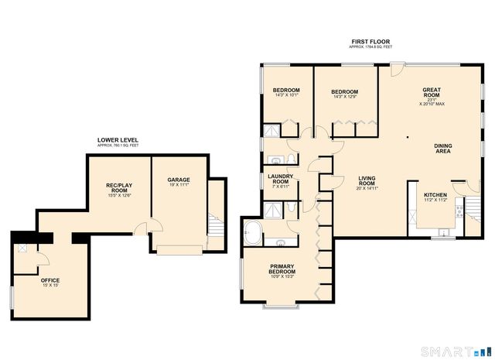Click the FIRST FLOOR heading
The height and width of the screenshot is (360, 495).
point(370,40)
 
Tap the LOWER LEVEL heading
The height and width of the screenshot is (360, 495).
point(118,140)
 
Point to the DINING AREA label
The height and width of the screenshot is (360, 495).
point(442,148)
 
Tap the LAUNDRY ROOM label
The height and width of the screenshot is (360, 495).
point(279,179)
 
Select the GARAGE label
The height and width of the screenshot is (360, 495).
point(179,180)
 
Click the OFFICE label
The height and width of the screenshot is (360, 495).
point(50,280)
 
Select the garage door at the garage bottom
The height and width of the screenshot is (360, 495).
point(180,249)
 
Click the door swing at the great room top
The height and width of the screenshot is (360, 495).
point(396,70)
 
